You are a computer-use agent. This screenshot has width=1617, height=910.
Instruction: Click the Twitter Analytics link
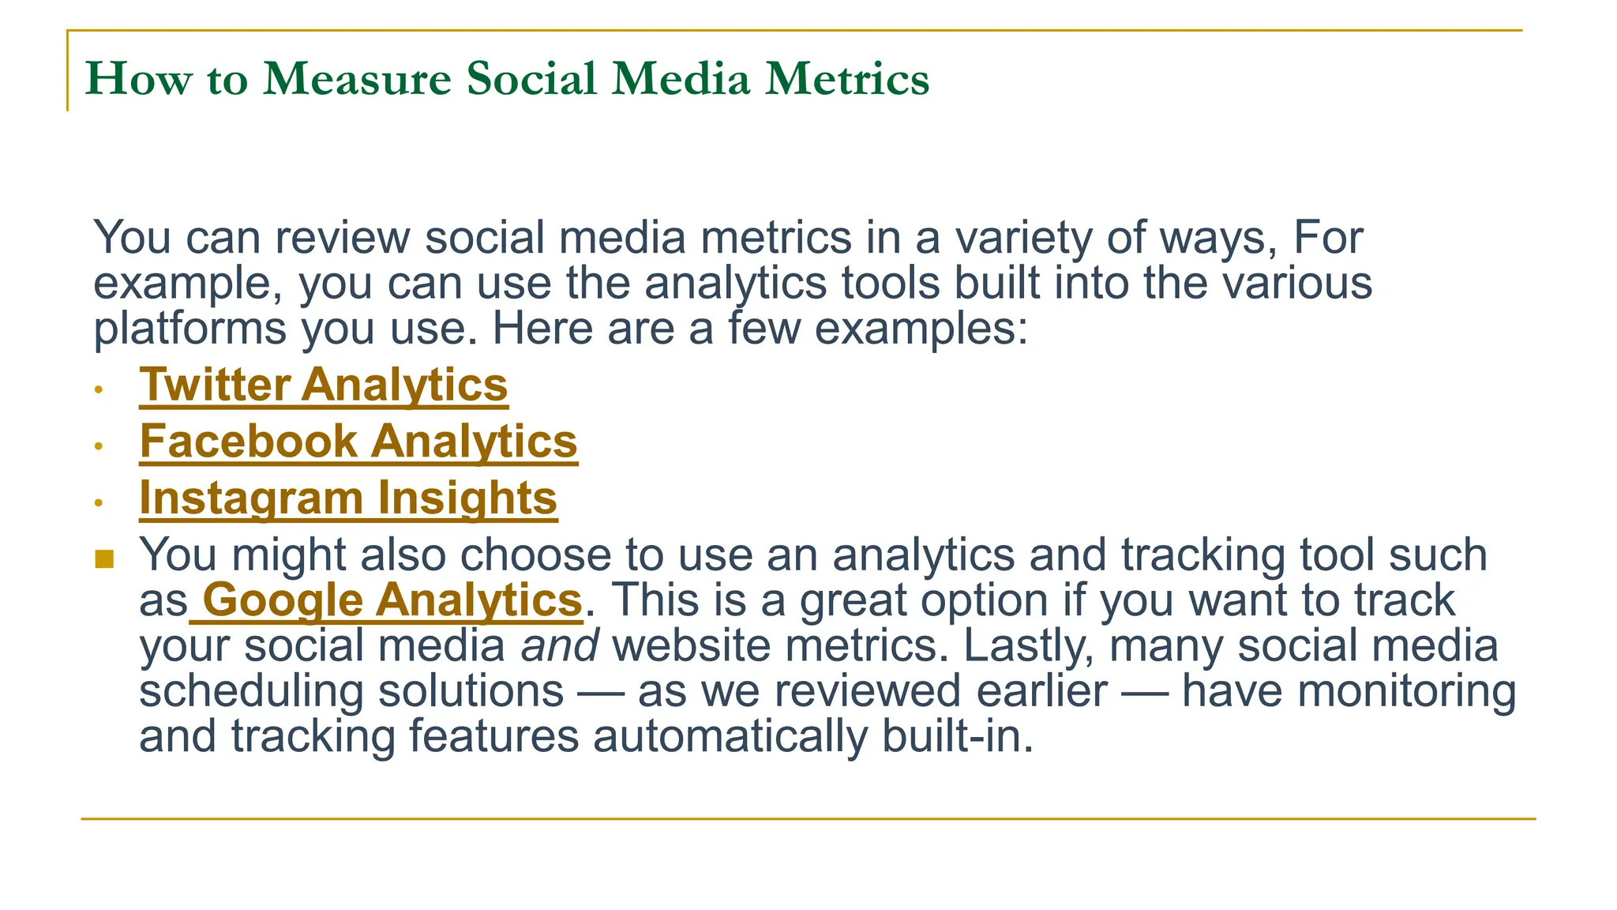[x=324, y=385]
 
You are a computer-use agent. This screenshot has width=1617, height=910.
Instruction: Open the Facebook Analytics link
[x=358, y=442]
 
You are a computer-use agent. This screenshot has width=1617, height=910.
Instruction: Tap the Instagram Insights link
[x=348, y=498]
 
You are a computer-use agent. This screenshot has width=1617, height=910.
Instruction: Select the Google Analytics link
[x=392, y=600]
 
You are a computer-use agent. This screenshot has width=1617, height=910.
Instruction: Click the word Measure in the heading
[x=357, y=79]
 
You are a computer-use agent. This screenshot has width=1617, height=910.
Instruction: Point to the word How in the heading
[x=138, y=79]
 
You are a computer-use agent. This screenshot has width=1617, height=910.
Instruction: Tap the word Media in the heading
[x=681, y=79]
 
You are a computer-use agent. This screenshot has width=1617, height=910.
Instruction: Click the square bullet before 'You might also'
[x=104, y=559]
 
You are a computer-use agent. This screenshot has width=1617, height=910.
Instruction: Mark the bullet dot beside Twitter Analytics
[x=99, y=389]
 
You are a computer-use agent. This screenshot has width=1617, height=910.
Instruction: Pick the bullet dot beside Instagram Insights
[x=99, y=502]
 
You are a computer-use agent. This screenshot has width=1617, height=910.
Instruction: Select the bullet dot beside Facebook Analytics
[x=99, y=446]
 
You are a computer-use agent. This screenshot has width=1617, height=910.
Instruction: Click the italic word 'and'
[x=559, y=646]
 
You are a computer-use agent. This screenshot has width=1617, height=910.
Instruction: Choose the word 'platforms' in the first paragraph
[x=189, y=329]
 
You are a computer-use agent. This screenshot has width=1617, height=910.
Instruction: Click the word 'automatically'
[x=730, y=736]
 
